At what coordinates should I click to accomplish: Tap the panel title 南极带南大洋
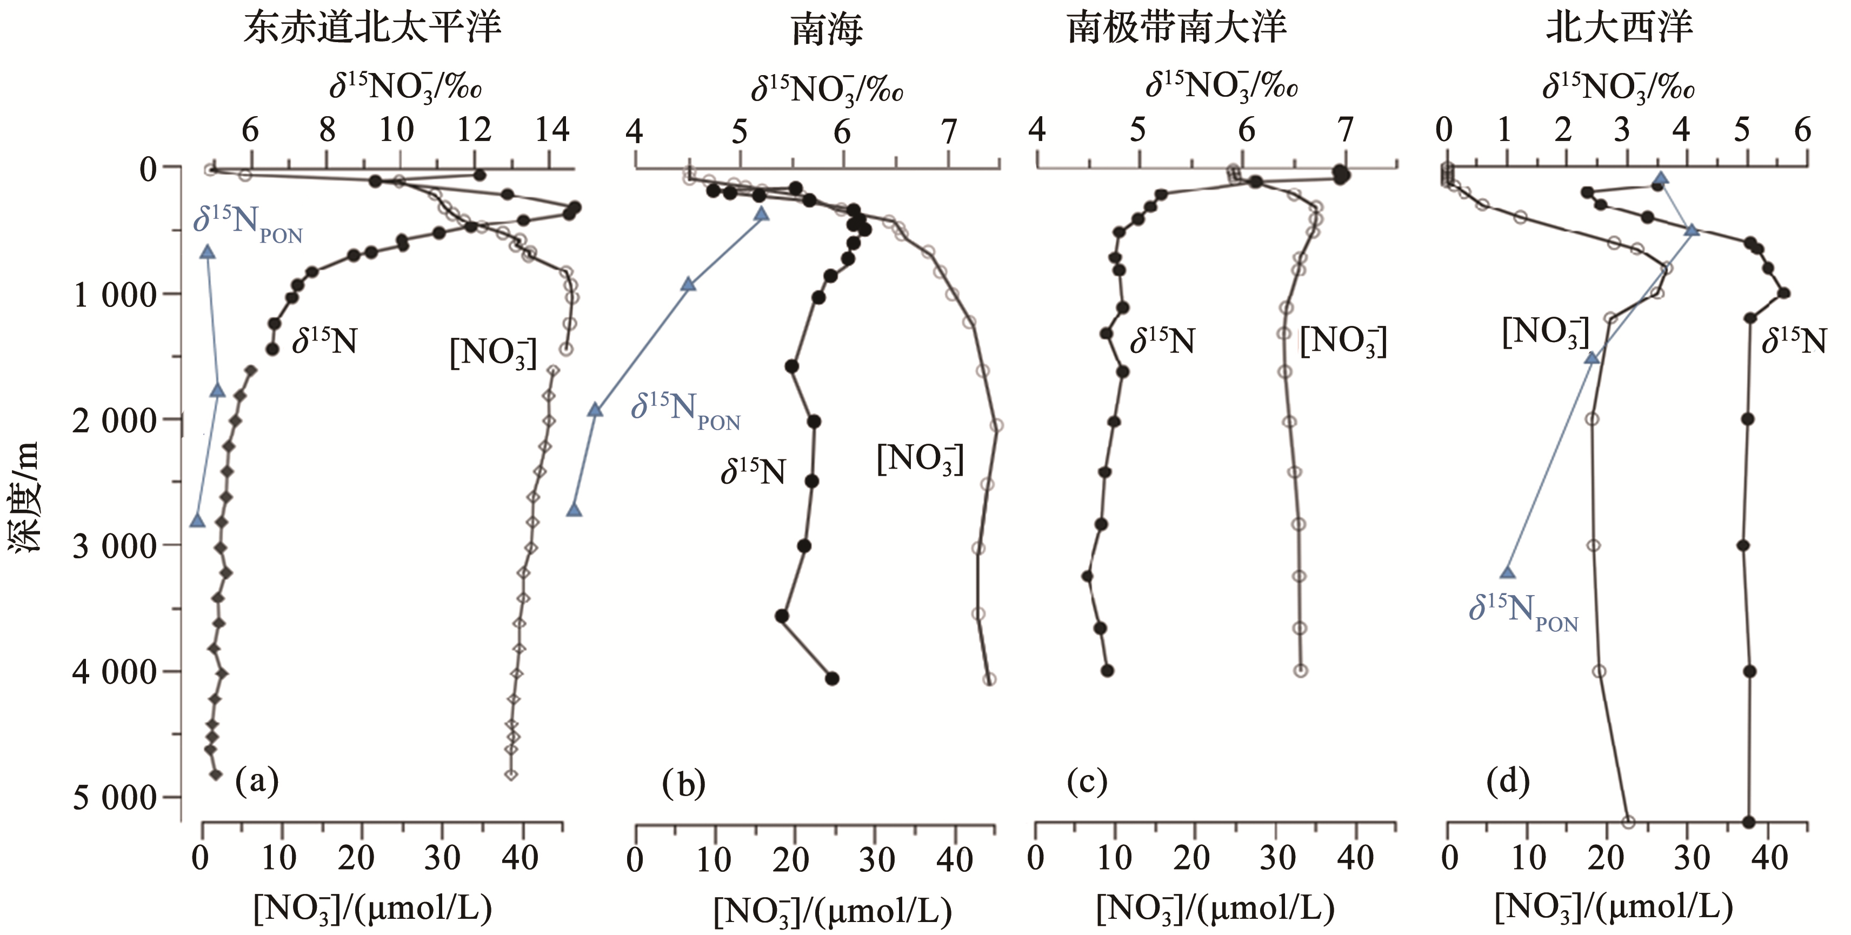[x=1176, y=29]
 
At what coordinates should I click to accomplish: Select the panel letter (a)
[x=257, y=780]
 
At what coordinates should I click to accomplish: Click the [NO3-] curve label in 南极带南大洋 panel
[x=1343, y=341]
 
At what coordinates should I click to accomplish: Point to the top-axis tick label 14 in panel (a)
[x=552, y=131]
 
